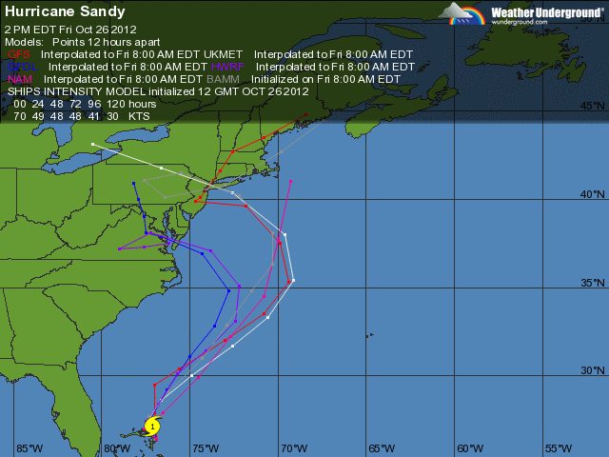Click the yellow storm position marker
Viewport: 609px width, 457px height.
tap(152, 427)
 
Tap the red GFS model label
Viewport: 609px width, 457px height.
tap(18, 55)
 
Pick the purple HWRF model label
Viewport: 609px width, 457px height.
tap(229, 68)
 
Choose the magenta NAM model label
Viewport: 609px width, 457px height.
tap(20, 79)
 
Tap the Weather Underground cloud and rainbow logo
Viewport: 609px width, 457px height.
tap(462, 13)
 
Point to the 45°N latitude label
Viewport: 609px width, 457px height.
tap(593, 107)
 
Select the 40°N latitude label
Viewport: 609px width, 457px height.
tap(593, 194)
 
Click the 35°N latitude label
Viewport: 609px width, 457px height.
tap(593, 283)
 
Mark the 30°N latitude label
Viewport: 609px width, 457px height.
tap(593, 370)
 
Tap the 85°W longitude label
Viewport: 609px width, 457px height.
tap(29, 448)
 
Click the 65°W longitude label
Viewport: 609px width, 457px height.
tap(382, 448)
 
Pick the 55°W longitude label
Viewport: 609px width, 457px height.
tap(558, 448)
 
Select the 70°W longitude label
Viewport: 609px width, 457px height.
tap(294, 448)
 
